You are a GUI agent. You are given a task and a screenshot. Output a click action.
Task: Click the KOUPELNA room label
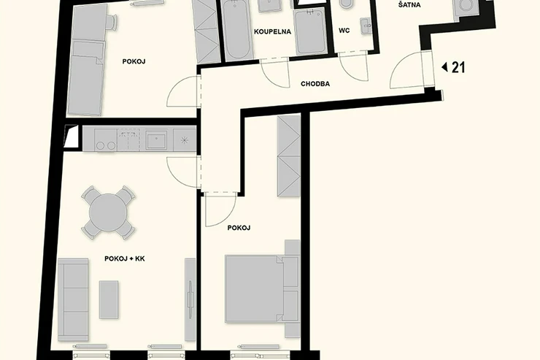tap(272, 31)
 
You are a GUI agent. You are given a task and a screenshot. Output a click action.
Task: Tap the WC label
tap(344, 31)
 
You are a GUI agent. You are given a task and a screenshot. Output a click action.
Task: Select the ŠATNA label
tap(409, 5)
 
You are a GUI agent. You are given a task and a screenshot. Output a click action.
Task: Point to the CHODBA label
tap(315, 84)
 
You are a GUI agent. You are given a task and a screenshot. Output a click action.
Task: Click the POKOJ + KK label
tap(125, 258)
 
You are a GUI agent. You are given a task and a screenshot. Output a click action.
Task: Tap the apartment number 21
tap(458, 67)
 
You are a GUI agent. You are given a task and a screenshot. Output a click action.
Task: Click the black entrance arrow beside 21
tap(444, 67)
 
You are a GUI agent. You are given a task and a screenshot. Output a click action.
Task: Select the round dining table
tap(108, 212)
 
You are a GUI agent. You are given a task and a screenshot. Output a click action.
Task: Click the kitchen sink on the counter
tap(156, 140)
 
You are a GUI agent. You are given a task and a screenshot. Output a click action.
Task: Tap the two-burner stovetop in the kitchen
tap(106, 139)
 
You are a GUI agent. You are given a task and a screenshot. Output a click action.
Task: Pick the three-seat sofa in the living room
tap(73, 299)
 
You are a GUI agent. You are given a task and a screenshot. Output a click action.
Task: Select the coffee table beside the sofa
tap(109, 299)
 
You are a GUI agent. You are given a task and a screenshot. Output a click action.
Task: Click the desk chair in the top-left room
tap(112, 23)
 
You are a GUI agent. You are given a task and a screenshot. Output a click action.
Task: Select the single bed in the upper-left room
tap(85, 78)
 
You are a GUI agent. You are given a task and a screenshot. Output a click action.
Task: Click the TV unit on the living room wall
tap(190, 299)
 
